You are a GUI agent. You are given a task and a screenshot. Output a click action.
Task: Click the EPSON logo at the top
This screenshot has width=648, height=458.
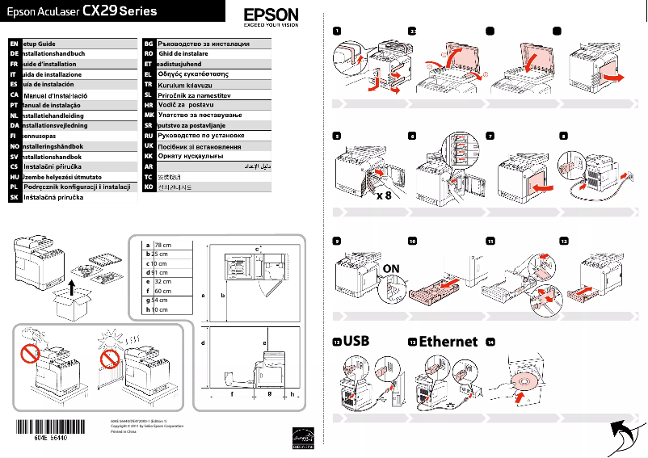(x=271, y=16)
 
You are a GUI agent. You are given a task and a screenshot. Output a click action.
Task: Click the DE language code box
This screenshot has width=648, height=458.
(x=14, y=53)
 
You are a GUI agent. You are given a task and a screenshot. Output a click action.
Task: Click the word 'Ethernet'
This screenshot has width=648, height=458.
(x=448, y=342)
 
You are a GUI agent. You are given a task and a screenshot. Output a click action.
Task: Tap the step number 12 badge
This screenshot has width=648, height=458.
(x=563, y=241)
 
